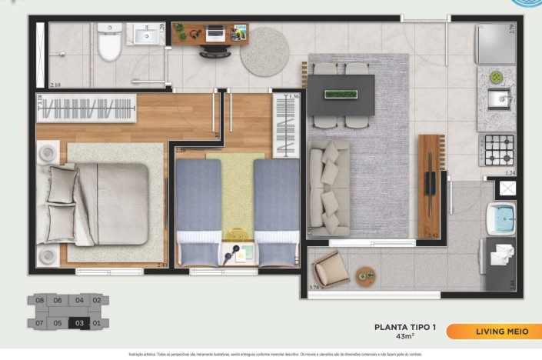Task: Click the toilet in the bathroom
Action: click(x=110, y=47)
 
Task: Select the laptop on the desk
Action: click(x=215, y=32)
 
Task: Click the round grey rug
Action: click(x=264, y=51)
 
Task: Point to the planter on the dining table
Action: click(x=341, y=94)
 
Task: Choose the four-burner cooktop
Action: click(x=497, y=148)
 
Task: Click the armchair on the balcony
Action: click(x=331, y=268)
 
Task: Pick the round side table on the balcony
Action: click(x=365, y=275)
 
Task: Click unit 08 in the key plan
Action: click(x=38, y=301)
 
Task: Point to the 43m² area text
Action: click(x=405, y=337)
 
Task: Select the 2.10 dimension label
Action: click(x=55, y=85)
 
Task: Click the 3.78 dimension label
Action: click(x=314, y=287)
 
